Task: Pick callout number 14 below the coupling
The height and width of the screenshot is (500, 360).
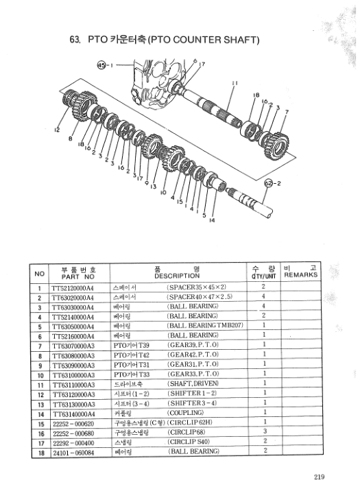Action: tap(211, 220)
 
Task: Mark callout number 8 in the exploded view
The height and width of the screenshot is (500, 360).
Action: tap(71, 139)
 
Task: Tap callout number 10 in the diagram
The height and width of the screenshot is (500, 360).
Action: tap(163, 194)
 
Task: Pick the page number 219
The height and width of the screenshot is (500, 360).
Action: tap(315, 477)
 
